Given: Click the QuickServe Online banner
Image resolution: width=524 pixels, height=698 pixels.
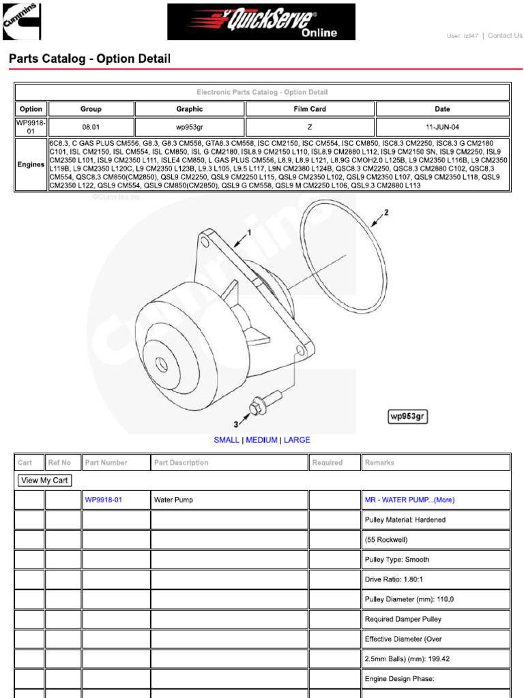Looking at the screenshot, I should coord(261,22).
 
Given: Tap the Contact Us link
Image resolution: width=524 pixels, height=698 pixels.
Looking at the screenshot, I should coord(505,36).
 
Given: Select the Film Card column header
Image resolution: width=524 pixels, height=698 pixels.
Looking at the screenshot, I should coord(310,109).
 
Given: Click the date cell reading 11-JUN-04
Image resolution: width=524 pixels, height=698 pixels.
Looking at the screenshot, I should coord(442,127).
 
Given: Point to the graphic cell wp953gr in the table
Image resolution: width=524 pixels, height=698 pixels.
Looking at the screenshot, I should coord(189,127).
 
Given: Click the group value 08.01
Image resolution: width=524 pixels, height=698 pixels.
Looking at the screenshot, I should coord(91,127).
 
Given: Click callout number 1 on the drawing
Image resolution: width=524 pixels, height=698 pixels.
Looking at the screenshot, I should coord(249,232).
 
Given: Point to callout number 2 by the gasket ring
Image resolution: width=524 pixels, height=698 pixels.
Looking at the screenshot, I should coord(386,213).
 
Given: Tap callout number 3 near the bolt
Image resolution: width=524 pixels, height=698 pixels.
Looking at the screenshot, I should coord(237,424).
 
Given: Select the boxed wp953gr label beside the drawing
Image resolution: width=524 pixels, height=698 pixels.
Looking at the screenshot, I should coord(408,416).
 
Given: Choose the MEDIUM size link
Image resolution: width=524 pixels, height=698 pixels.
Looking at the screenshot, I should coord(261,440).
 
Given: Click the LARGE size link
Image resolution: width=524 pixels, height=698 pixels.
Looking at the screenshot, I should coord(297,440).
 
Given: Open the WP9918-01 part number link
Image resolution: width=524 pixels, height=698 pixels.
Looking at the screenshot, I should coord(104,500).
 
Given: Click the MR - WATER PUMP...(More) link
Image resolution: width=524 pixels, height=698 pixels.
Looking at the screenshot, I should coord(409,500).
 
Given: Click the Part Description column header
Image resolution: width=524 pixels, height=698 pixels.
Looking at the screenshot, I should coord(181,463).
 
